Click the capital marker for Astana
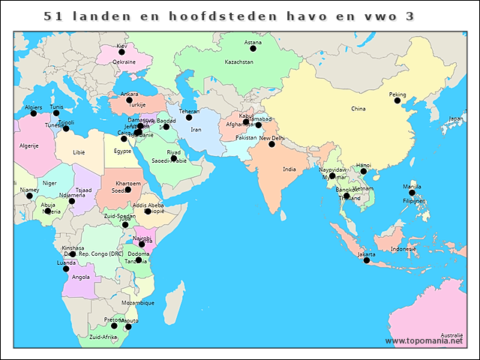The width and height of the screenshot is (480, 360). tap(253, 49)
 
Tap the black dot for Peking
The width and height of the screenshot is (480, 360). tap(397, 100)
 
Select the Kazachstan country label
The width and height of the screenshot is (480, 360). tap(239, 61)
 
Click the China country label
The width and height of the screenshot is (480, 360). tap(358, 109)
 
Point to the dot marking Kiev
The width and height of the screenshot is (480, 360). tap(121, 52)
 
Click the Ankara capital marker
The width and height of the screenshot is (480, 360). tap(129, 100)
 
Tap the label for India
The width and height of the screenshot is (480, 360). tap(289, 169)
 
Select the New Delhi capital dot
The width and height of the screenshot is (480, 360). tap(271, 143)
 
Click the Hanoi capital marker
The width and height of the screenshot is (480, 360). tap(364, 171)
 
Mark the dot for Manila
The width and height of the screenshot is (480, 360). tap(412, 193)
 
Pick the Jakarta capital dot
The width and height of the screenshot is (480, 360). tap(367, 260)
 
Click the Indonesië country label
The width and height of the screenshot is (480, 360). tap(403, 249)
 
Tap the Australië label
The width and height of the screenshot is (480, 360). tap(451, 334)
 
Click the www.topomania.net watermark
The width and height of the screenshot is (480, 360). tap(430, 341)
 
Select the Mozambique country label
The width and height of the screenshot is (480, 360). tap(137, 303)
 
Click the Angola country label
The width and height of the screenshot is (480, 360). tap(80, 277)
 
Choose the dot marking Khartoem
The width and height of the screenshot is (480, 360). tap(127, 190)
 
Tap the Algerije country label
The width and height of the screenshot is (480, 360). tap(28, 145)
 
